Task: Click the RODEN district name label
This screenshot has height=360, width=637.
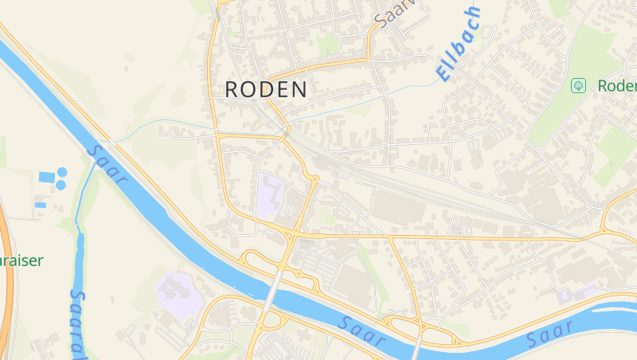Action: click(266, 89)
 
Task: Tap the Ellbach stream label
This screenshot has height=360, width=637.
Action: click(459, 44)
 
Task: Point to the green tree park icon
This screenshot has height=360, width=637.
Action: click(579, 84)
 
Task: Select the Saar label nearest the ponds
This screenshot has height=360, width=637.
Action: click(107, 163)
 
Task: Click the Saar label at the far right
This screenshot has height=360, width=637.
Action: click(550, 334)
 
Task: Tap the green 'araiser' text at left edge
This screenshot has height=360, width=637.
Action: click(21, 260)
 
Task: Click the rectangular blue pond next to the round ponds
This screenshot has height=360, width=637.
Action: click(46, 176)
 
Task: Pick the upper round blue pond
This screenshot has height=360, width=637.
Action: click(61, 172)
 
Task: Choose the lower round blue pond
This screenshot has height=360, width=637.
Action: click(61, 185)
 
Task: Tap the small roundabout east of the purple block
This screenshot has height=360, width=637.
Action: click(315, 179)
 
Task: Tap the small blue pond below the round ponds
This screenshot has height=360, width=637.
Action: click(41, 205)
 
